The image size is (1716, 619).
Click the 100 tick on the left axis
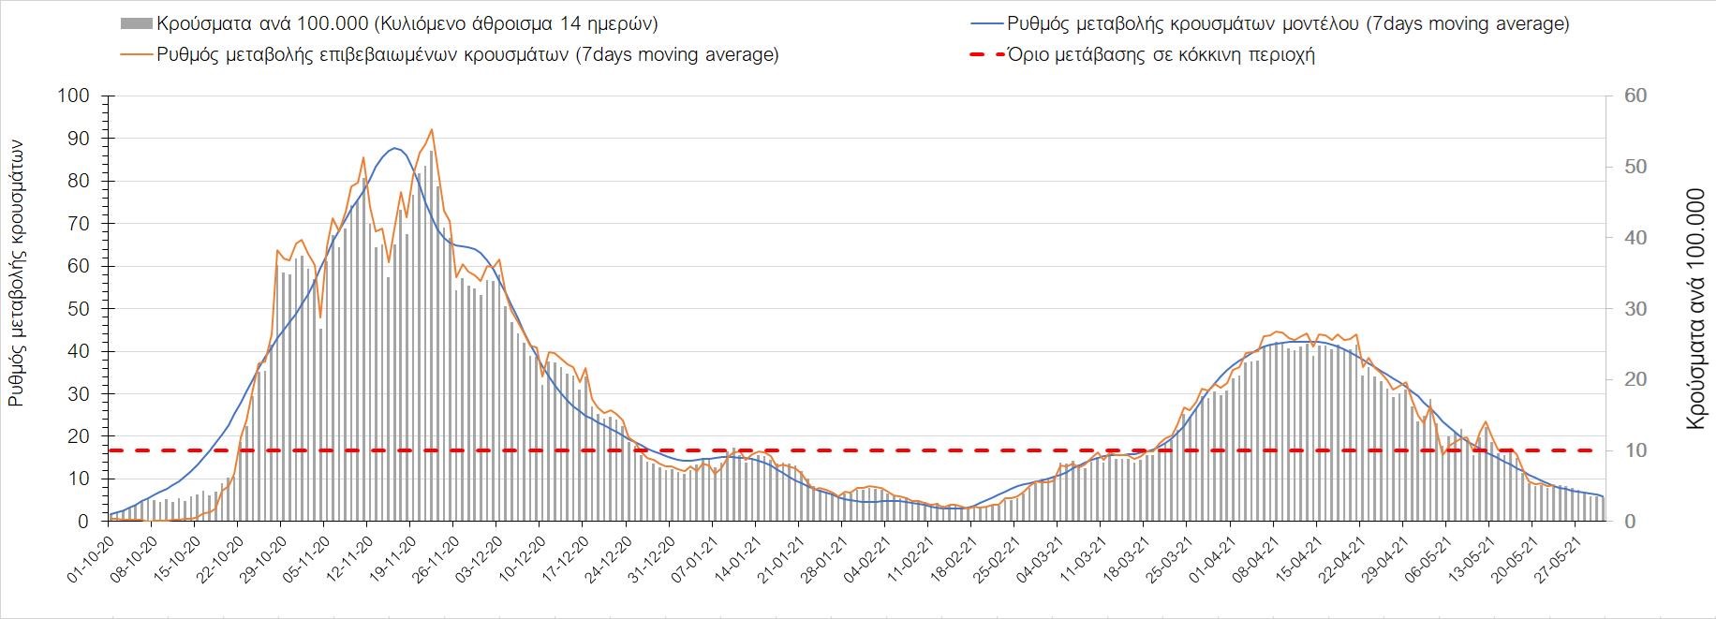click(x=74, y=96)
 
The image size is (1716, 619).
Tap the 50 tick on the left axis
click(x=79, y=309)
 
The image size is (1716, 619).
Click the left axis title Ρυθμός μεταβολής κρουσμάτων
click(x=17, y=272)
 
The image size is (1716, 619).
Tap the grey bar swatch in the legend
click(x=137, y=23)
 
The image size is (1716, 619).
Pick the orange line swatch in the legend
click(x=137, y=54)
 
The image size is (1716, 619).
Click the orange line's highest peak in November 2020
click(x=431, y=129)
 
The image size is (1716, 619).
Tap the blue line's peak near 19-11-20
click(x=394, y=148)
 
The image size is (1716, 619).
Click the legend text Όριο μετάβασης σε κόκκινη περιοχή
click(x=1161, y=54)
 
